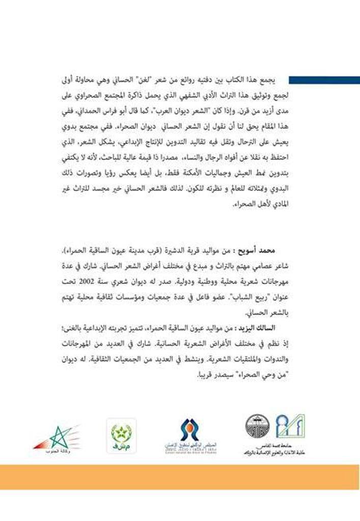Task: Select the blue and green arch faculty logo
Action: [290, 426]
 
